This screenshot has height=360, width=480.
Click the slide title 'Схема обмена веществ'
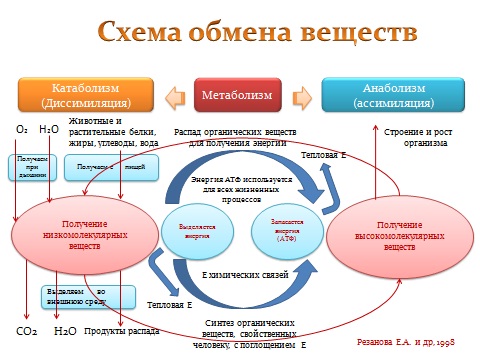[240, 33]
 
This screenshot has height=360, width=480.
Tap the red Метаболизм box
[239, 96]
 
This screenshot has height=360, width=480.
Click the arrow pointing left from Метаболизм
[177, 96]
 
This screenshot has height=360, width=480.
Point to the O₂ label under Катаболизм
[21, 130]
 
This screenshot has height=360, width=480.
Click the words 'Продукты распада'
[120, 330]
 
